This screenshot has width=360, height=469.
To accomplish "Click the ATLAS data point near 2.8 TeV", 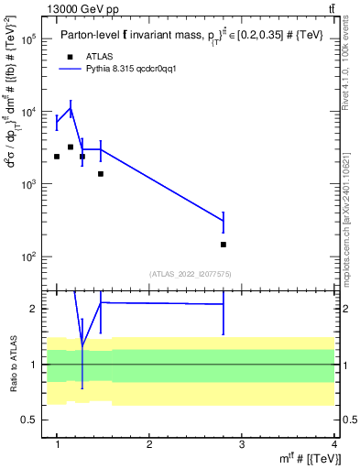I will point(224,245).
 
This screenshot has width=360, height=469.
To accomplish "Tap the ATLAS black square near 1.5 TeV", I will point(101,173).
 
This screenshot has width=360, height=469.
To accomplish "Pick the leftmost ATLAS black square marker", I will point(57,157).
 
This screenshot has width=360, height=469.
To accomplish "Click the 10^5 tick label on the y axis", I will point(27,39).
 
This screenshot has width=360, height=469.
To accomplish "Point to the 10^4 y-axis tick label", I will point(27,112).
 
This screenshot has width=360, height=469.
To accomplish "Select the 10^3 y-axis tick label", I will point(27,184).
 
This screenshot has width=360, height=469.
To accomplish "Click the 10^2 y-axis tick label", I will point(27,256).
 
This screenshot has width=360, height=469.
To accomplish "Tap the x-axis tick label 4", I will point(334,445).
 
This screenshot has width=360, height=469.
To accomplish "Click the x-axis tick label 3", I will point(242,445).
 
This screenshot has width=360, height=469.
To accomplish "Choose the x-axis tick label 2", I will point(149,445).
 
